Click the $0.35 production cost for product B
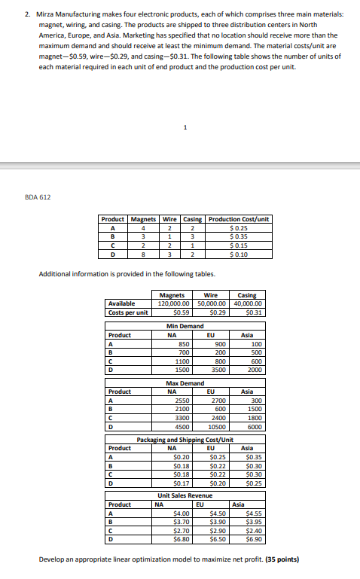point(239,235)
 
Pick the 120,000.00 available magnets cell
point(174,303)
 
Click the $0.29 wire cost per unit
point(215,312)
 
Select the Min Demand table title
point(185,326)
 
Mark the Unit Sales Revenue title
point(185,495)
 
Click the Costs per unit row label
point(127,312)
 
